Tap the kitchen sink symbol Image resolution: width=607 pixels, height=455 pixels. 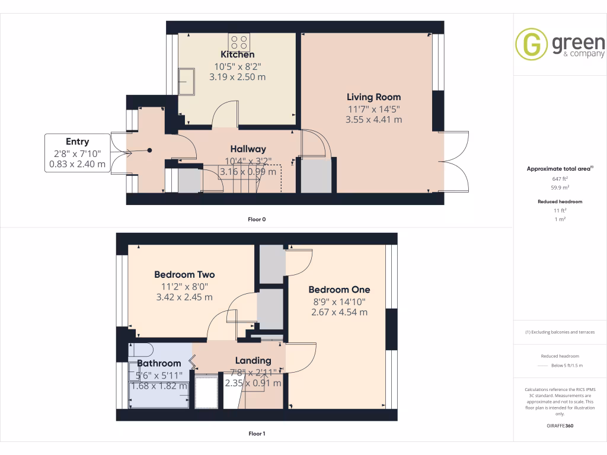pos(187,82)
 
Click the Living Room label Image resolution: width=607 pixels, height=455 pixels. pos(373,97)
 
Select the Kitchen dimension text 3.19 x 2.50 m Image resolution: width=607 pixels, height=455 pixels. pos(237,76)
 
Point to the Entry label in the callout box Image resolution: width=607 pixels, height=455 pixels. pos(78,142)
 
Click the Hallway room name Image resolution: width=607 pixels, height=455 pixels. pos(248,149)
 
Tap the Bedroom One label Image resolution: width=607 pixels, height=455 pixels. pos(339,290)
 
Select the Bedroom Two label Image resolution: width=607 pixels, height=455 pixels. pos(184,275)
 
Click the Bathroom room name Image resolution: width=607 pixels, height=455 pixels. pos(159,363)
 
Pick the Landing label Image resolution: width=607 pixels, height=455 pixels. pos(253,360)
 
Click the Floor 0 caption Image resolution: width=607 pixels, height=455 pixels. pos(257,220)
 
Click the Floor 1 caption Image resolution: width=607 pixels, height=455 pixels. pos(257,434)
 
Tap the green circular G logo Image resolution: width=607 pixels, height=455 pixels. pos(531,44)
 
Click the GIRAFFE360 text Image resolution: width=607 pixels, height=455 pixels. pos(560,426)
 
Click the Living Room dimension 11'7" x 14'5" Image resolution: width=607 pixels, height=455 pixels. pos(373,109)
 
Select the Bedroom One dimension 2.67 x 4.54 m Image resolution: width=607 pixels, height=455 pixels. pos(339,312)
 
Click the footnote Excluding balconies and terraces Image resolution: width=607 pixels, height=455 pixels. pos(560,332)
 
